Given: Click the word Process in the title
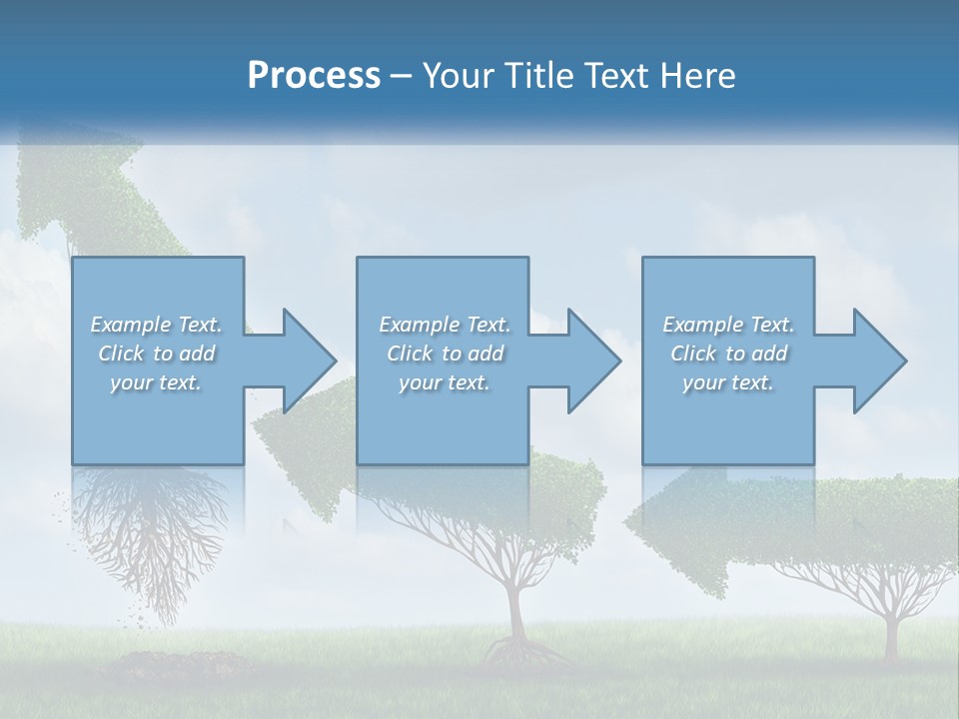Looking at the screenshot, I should tap(314, 76).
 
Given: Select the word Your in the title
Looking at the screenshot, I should tap(460, 76).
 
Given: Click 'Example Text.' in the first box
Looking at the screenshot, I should tap(156, 325).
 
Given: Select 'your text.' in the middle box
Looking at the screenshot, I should tap(445, 382).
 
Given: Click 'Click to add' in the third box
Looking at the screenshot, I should tap(729, 354).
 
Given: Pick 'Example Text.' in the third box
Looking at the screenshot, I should tap(728, 325).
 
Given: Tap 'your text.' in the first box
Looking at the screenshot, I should tap(156, 382).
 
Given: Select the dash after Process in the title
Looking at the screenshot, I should tap(402, 76).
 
